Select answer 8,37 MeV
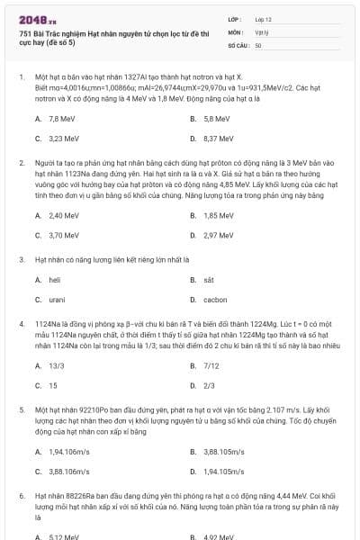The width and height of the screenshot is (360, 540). (219, 139)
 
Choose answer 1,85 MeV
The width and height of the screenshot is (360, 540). (219, 215)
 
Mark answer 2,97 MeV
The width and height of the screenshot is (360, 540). (219, 235)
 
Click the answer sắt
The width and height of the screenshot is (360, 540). (209, 280)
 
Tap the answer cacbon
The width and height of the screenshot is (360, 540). (215, 300)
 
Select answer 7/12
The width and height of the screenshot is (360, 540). (212, 365)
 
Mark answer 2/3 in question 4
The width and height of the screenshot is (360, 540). (210, 385)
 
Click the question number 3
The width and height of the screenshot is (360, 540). (21, 258)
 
